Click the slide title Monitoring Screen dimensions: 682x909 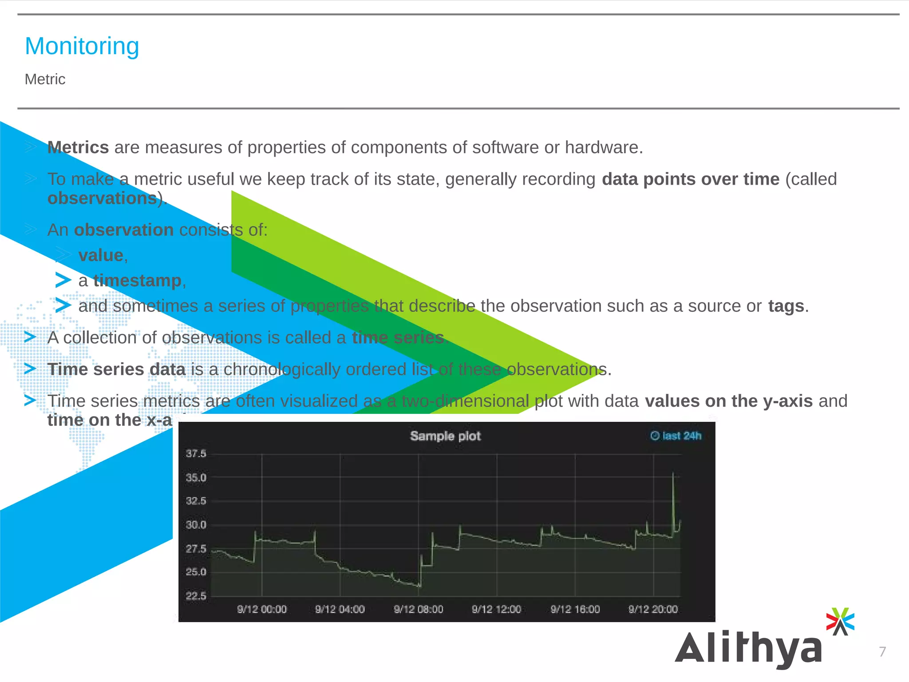(x=82, y=46)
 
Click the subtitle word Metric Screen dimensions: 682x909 (x=45, y=79)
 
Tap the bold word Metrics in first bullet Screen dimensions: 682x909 (x=78, y=147)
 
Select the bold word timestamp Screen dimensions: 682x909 (x=137, y=281)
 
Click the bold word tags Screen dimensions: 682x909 (x=786, y=306)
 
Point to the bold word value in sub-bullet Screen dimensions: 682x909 (x=101, y=255)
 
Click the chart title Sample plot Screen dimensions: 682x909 (x=445, y=436)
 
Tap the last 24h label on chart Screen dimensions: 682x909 (x=676, y=436)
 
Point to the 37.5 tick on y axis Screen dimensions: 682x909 (x=196, y=454)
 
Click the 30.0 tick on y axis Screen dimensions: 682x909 (x=196, y=525)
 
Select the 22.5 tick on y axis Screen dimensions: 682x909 (x=196, y=596)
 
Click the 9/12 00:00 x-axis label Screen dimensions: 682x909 (x=261, y=609)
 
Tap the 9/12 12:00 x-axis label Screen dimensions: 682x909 (x=496, y=609)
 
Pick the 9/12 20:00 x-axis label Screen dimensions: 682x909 (x=653, y=609)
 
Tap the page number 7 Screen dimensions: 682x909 (x=882, y=652)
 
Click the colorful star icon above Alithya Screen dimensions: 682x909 (x=840, y=621)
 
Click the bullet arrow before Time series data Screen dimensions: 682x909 (x=30, y=369)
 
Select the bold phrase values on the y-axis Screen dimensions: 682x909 (x=728, y=401)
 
